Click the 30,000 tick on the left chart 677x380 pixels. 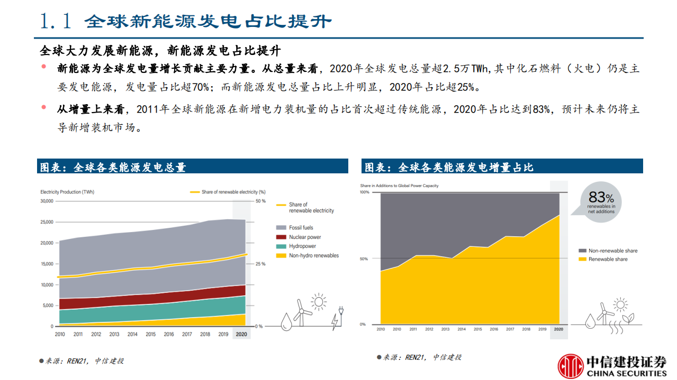pos(47,201)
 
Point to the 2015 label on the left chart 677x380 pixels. pos(150,334)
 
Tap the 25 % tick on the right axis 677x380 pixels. pos(260,264)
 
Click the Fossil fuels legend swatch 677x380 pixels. pos(281,228)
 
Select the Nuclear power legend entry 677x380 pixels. pos(305,237)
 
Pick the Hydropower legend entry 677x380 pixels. pos(302,246)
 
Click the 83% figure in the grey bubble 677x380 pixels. pos(601,198)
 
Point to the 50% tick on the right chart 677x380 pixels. pos(364,258)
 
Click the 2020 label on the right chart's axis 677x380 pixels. pos(559,329)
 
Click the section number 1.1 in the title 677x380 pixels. pos(56,21)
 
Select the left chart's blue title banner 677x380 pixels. pos(193,167)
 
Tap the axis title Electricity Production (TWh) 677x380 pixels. pos(67,192)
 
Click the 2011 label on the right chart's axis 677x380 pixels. pos(413,329)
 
